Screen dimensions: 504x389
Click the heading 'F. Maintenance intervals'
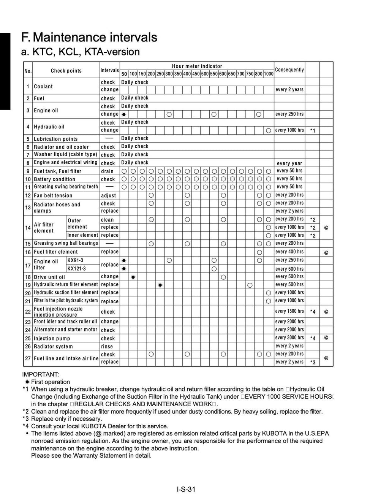pos(89,37)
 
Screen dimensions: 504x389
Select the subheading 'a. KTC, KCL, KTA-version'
pos(81,52)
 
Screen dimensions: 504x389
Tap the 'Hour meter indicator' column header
pos(197,66)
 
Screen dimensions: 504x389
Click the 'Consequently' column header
pos(289,70)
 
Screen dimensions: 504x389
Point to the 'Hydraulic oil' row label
pos(49,127)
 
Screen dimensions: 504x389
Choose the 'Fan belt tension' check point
pos(53,195)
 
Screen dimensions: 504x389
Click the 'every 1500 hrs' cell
pos(289,311)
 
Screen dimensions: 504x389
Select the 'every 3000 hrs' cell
pos(289,338)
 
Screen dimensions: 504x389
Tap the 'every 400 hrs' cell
pos(289,252)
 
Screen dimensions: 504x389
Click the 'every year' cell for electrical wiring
pos(289,163)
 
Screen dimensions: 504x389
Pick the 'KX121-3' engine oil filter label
pos(77,269)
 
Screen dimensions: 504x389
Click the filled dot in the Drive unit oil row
pos(133,277)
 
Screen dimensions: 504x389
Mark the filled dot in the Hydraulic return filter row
pos(160,285)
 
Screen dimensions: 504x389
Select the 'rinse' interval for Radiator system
pos(107,346)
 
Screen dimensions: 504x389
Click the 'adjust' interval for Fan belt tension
pos(109,195)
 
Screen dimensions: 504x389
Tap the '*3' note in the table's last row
pos(313,362)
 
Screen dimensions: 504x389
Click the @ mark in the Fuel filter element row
pos(326,252)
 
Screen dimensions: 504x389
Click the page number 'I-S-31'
pos(186,489)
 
